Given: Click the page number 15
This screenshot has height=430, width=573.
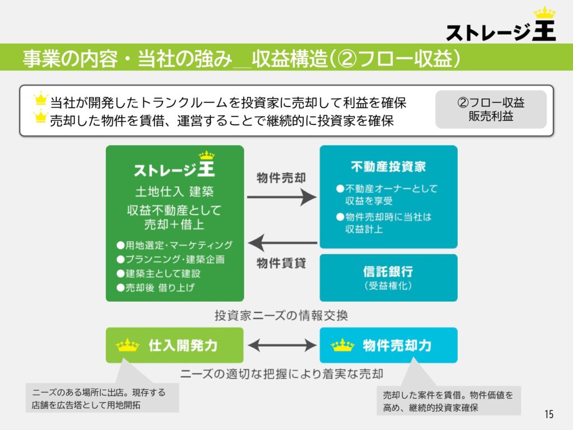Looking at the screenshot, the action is point(549,414).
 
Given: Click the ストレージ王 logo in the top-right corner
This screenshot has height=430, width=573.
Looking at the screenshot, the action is point(501,25).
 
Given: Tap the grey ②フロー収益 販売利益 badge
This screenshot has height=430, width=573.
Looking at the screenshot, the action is point(491,109).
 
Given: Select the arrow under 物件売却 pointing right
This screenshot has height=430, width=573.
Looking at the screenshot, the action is point(282,197).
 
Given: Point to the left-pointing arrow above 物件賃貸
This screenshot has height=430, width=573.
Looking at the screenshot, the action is point(283,242).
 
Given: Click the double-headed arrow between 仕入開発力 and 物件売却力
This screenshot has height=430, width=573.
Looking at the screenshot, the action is point(282,345).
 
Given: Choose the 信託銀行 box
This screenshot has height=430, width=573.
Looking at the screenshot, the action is point(388,278).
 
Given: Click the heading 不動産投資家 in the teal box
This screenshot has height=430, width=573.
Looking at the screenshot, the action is point(388,167).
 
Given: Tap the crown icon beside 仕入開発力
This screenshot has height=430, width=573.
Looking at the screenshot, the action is point(127,345).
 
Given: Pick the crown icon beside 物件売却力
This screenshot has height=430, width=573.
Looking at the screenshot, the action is point(342,345).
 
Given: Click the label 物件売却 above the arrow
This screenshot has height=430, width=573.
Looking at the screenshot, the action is point(281,178).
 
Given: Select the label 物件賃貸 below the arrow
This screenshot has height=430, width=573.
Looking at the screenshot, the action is point(281,263).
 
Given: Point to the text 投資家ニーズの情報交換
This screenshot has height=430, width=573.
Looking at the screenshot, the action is point(281,315).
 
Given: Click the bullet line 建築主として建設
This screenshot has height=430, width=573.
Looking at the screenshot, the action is point(158,273).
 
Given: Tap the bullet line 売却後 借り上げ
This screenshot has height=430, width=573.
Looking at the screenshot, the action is point(156,288).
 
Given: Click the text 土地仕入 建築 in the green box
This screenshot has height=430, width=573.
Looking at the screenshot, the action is point(175,191).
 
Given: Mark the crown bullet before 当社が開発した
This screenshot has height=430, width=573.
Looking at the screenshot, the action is point(40,99).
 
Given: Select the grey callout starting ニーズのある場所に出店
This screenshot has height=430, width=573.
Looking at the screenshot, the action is point(102,398).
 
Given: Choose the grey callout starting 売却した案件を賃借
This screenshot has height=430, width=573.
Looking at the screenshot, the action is point(449,401).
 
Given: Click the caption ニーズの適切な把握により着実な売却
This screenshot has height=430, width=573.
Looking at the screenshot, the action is point(282,374).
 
